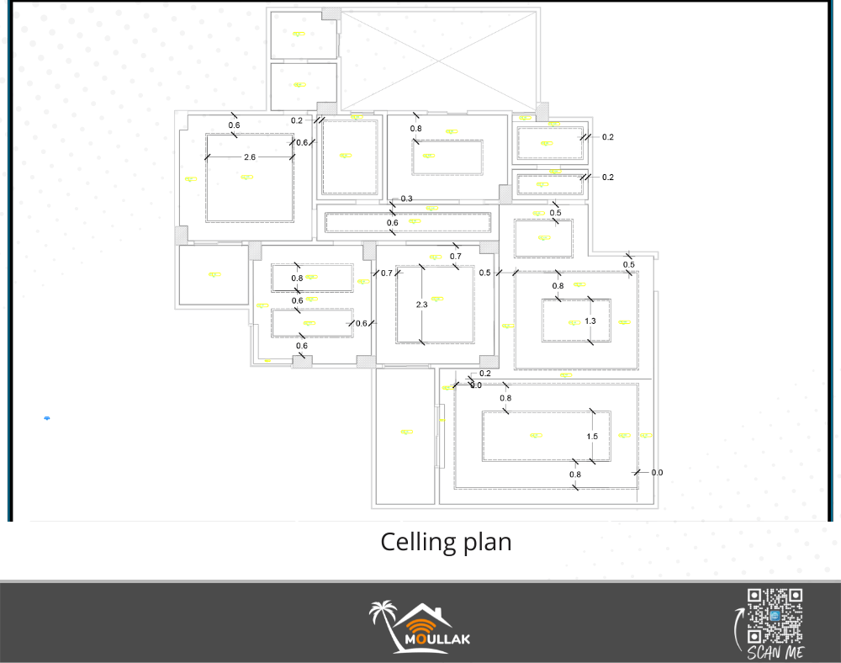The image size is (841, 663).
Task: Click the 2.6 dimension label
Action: pos(250,157)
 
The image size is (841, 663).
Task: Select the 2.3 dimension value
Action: pos(421,305)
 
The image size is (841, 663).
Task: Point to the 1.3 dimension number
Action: pos(590,321)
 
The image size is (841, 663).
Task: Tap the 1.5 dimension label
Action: pos(592,437)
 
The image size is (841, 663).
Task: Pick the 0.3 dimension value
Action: pos(407,199)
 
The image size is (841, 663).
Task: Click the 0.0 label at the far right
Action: pos(657,473)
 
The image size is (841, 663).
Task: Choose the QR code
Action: pos(775,617)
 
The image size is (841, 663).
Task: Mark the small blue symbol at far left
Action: pos(47,417)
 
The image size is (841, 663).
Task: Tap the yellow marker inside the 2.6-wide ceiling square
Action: pos(246,177)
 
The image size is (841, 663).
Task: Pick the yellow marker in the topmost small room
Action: pos(299,34)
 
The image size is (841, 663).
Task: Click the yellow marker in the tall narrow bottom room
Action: pos(407,432)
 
